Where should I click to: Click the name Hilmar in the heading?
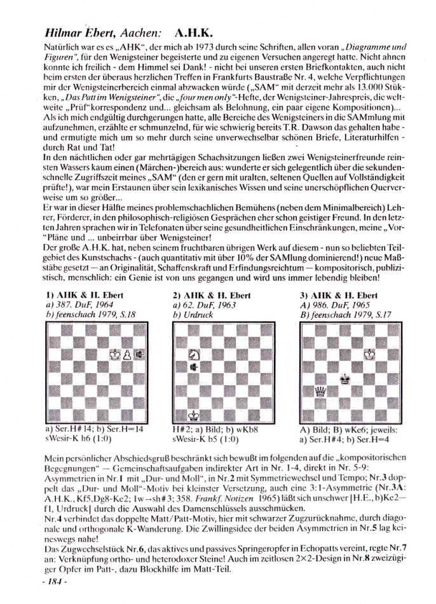pyautogui.click(x=62, y=30)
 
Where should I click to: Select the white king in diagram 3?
pyautogui.click(x=368, y=355)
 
